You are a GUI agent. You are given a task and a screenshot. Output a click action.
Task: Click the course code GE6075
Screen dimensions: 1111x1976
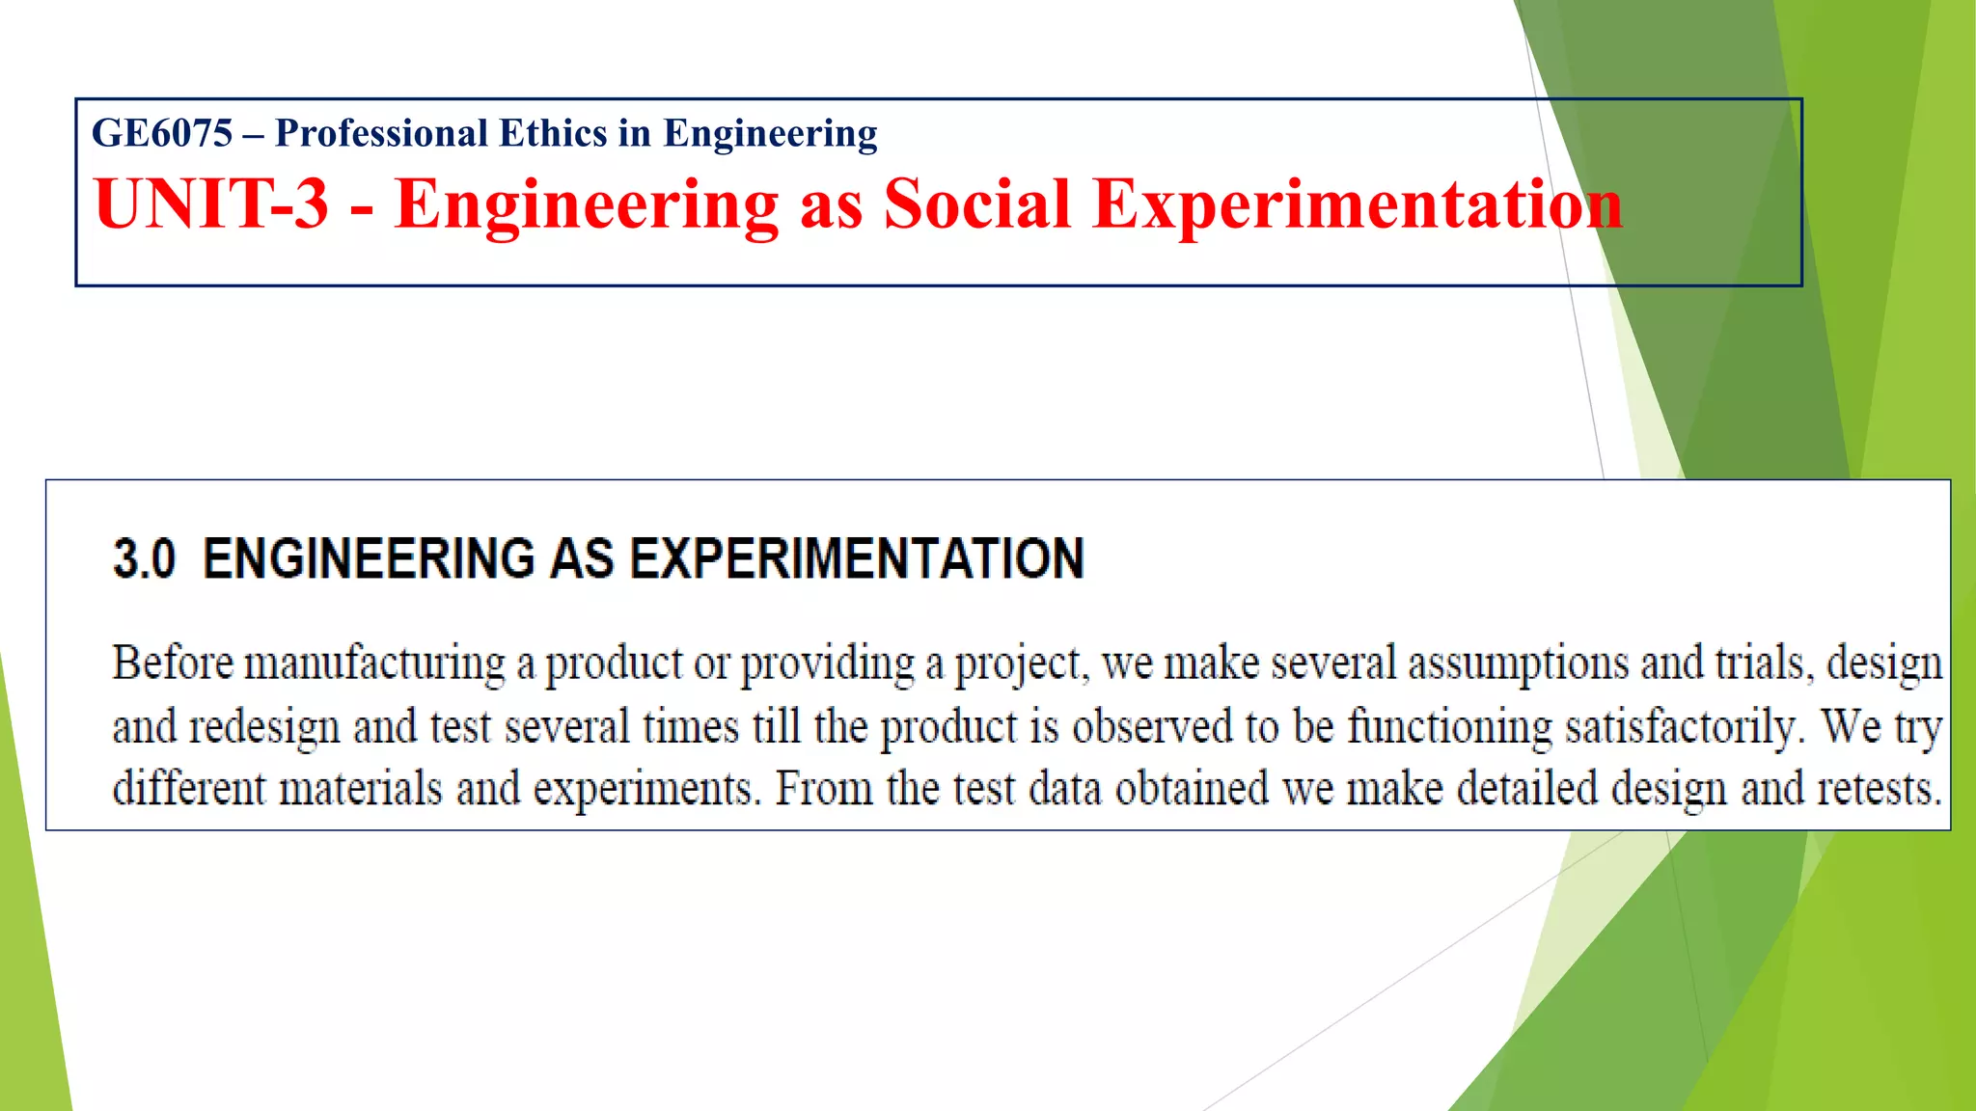pyautogui.click(x=162, y=133)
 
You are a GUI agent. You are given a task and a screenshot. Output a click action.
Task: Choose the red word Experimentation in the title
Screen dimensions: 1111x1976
pyautogui.click(x=1358, y=203)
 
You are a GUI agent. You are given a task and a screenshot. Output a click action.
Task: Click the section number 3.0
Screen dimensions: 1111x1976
pyautogui.click(x=145, y=558)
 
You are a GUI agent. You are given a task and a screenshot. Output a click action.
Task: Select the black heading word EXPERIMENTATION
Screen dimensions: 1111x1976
pyautogui.click(x=858, y=558)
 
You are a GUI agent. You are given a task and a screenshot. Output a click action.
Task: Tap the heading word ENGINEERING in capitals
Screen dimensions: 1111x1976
pyautogui.click(x=369, y=558)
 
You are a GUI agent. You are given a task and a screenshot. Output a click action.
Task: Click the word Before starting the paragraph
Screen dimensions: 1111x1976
pyautogui.click(x=173, y=663)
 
